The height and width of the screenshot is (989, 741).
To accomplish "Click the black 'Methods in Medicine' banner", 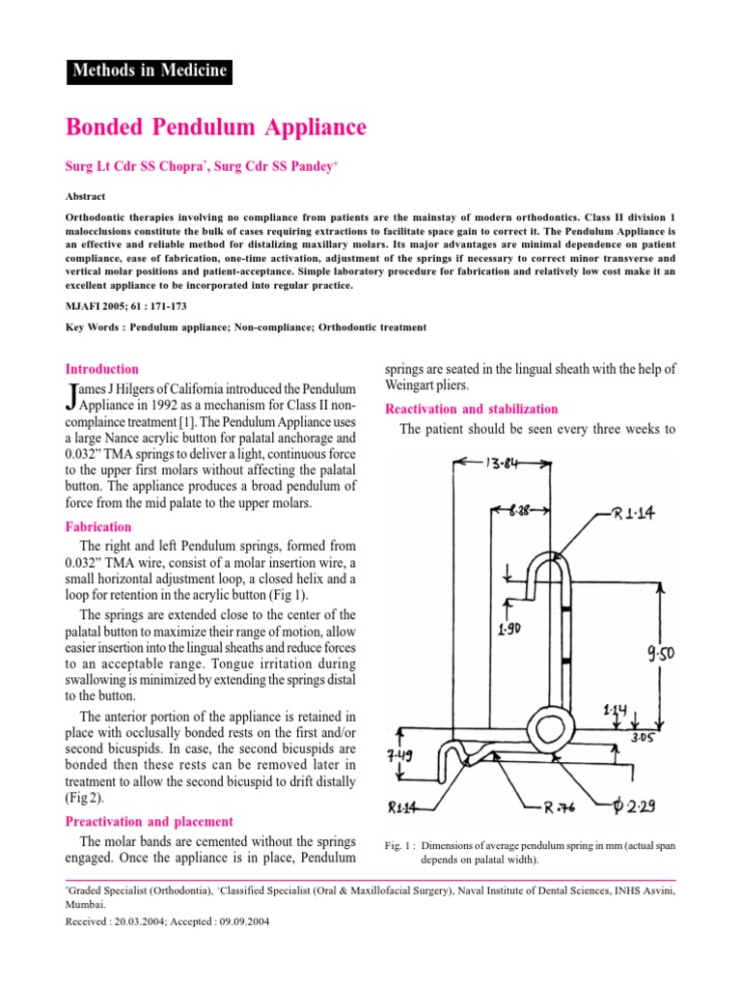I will click(149, 71).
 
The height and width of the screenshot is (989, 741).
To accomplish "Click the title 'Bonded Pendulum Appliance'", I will click(215, 127).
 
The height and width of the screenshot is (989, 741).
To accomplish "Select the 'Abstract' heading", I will click(87, 194).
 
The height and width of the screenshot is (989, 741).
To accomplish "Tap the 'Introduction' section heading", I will click(101, 369).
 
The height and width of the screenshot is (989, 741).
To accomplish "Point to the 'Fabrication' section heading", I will click(97, 527).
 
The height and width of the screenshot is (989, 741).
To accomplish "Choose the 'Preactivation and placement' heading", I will click(149, 821).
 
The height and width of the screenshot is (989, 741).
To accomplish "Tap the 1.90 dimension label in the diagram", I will click(510, 629).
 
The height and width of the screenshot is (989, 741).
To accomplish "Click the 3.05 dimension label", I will click(643, 737).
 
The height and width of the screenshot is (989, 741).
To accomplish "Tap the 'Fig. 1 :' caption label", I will click(400, 846).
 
